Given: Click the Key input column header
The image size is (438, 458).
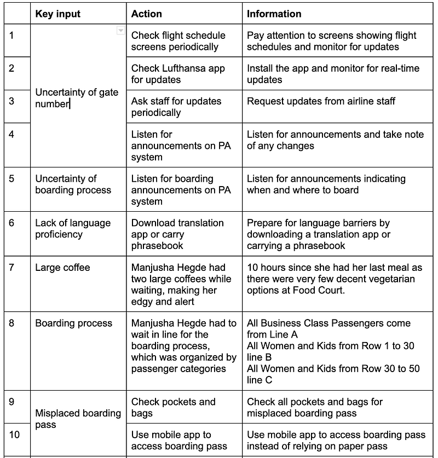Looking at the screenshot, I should point(57,14).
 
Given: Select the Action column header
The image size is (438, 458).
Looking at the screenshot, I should point(146,14).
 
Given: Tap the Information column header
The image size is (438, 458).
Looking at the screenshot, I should point(274,14).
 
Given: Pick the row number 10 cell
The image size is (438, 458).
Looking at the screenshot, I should point(14,434).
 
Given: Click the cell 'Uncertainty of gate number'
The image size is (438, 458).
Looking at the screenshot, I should point(77,98).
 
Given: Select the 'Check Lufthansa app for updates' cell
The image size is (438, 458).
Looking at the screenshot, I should point(178,74).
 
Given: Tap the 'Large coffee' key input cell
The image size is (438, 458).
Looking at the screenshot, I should point(62,268).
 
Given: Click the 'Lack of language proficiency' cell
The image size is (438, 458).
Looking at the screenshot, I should point(73,229).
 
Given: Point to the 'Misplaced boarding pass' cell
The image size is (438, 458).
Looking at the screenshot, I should point(78,419).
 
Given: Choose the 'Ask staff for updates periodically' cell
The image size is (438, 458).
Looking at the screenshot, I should point(176,107).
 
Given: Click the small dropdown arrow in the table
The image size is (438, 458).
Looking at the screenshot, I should point(120,31).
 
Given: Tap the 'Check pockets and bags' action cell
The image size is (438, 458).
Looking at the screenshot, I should point(173,407).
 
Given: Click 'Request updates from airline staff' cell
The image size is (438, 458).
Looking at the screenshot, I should point(321,101).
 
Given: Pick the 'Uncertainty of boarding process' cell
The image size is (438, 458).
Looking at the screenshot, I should point(73,184).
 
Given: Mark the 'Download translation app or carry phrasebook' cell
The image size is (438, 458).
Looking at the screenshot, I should point(177,234).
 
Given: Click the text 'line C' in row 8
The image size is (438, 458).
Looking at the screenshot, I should point(260,380).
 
